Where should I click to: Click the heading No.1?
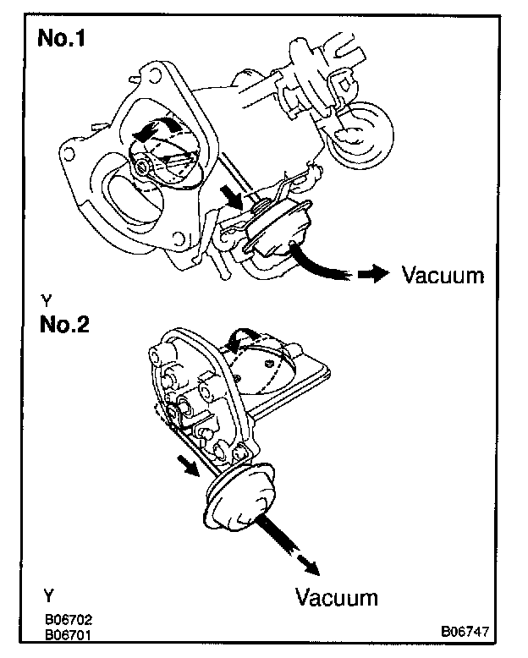(x=70, y=41)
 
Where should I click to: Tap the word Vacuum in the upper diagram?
(x=443, y=275)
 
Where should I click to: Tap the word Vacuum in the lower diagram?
(x=336, y=597)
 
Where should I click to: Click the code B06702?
(x=69, y=619)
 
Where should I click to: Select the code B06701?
(x=69, y=632)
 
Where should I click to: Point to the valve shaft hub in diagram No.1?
(x=141, y=166)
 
